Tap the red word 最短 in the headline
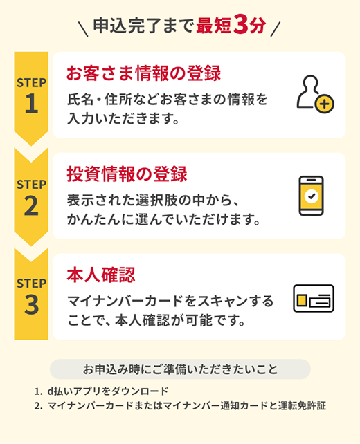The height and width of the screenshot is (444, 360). pos(214,26)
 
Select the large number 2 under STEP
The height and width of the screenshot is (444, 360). pos(31,205)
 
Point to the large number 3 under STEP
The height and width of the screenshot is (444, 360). pos(31,305)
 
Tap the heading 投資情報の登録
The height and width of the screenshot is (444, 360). pos(127,174)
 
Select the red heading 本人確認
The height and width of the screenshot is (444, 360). pos(100,274)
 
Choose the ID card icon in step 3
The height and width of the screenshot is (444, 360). pos(313,298)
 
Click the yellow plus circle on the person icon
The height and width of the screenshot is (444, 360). pos(324,104)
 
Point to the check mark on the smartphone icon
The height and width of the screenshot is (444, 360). pos(312,196)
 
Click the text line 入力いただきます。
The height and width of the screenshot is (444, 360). pos(123,119)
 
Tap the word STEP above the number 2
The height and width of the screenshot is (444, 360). pos(31,185)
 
